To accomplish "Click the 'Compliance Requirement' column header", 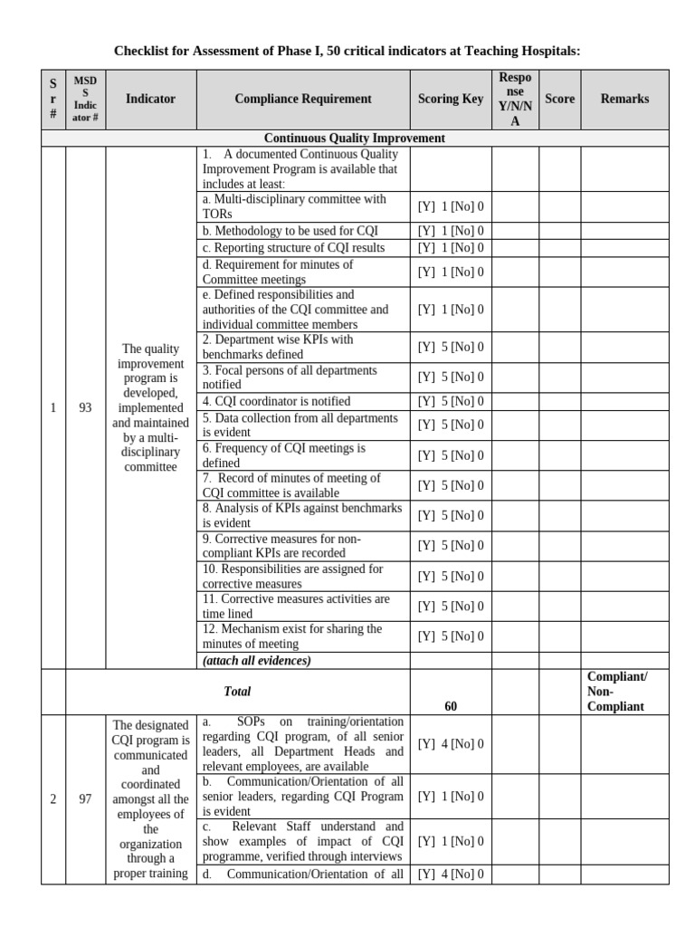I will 302,99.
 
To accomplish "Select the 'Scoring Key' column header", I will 451,99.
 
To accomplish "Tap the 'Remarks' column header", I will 624,99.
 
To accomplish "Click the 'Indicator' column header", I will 150,99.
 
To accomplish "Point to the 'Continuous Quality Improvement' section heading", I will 355,139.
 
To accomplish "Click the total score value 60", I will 451,706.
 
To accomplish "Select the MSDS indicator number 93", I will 85,407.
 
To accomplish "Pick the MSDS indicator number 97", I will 85,798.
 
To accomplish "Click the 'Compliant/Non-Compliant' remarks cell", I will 617,692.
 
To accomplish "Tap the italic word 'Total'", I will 237,691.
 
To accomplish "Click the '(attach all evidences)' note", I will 257,661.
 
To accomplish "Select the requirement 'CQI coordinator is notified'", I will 277,401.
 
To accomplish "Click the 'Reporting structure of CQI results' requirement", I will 293,248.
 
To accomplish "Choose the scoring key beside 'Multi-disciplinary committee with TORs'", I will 451,206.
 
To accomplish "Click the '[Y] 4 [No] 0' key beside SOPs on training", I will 451,744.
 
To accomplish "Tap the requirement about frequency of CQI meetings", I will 284,454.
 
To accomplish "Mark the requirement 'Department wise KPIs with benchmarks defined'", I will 278,347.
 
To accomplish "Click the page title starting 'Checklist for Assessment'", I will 347,51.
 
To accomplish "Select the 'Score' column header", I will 559,99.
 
